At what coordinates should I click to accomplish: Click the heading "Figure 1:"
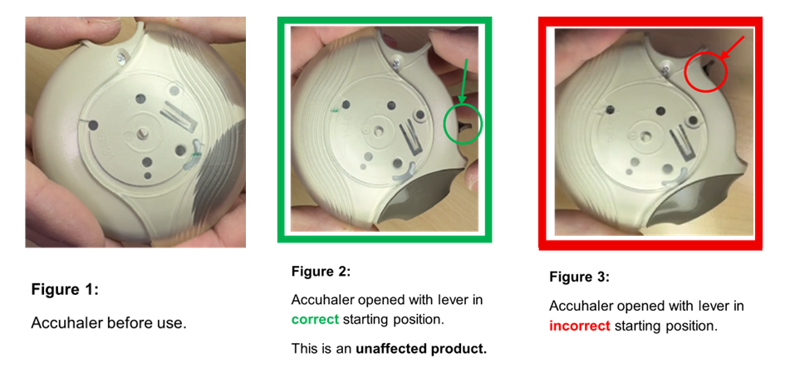65,290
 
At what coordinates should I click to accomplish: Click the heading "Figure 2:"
321,272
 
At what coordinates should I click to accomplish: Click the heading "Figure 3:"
579,277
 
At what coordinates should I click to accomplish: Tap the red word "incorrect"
579,326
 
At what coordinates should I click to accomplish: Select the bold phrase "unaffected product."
421,348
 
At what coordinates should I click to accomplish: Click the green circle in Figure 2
464,125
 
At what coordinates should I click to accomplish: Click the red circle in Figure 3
706,73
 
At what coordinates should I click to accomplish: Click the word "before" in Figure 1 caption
128,323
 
